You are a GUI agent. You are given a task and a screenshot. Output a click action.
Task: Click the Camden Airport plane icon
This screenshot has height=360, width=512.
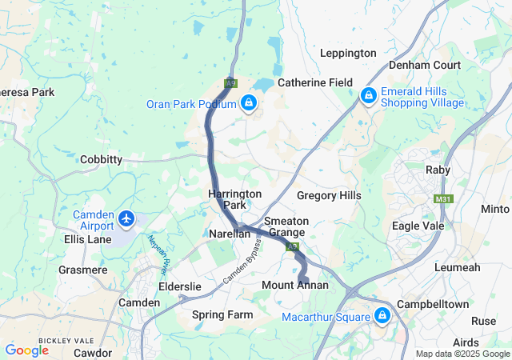126,218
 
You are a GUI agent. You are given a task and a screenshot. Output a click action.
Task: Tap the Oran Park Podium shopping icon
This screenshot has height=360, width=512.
250,103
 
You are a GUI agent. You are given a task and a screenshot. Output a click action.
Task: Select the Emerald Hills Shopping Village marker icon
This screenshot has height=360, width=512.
368,95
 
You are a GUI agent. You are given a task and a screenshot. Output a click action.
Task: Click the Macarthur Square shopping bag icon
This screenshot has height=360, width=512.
382,315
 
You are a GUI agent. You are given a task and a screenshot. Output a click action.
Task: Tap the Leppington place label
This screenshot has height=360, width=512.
348,53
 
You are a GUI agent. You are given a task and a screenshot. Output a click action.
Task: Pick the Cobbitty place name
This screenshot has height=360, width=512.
101,159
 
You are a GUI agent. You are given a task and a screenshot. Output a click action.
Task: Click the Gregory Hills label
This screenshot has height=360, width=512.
329,195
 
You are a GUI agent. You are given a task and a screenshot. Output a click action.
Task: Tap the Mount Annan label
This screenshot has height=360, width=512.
294,285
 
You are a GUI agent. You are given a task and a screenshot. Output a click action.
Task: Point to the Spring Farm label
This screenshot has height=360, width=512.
222,314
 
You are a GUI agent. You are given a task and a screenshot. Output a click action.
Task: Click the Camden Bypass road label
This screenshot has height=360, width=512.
244,265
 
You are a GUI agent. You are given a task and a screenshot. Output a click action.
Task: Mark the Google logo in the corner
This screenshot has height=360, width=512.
27,350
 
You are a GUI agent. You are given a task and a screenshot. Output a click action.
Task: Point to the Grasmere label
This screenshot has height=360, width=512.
82,270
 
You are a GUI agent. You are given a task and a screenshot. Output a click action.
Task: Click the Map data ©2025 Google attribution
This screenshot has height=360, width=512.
462,354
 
